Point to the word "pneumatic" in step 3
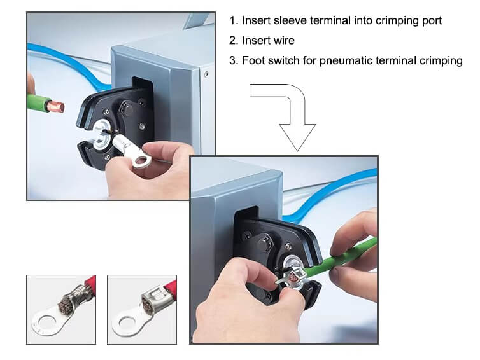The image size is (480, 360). (346, 61)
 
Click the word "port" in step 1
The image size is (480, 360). (431, 21)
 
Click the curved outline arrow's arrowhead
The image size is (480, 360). (297, 137)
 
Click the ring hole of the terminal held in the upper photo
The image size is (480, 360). (142, 160)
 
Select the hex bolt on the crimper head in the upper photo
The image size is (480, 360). (126, 109)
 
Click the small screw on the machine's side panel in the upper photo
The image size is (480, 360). (207, 74)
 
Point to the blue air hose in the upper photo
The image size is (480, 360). (71, 64)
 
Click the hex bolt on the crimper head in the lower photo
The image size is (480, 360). (264, 243)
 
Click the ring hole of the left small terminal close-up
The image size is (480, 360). (46, 323)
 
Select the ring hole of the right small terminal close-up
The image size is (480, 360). (126, 322)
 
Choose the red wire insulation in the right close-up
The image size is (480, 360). (170, 288)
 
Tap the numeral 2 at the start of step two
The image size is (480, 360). (233, 40)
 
